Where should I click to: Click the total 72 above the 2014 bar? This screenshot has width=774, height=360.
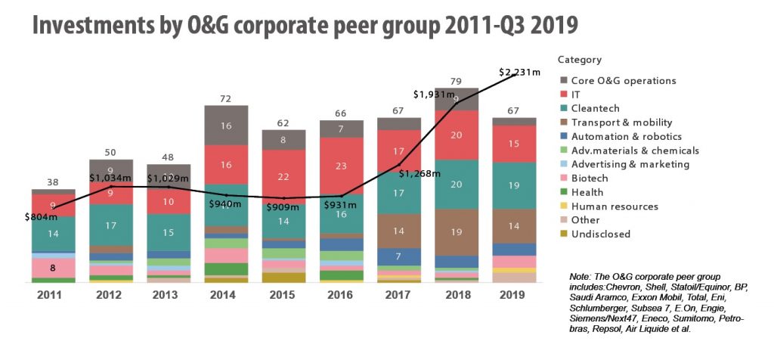226,99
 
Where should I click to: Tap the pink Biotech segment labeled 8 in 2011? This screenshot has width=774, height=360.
53,267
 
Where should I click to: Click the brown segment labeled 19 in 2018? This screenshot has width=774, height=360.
457,232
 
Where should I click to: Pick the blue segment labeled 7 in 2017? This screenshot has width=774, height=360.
399,256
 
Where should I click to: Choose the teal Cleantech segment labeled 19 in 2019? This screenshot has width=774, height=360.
515,185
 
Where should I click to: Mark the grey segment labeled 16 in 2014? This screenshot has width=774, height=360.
226,127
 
